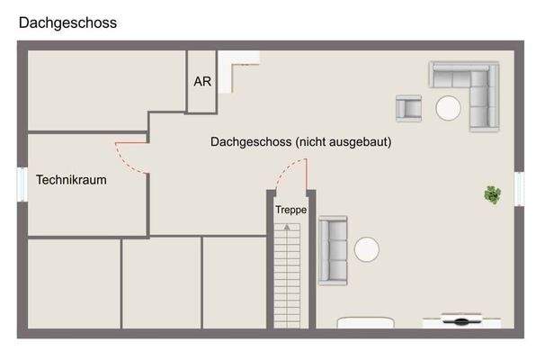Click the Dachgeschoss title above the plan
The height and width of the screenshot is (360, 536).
pyautogui.click(x=67, y=23)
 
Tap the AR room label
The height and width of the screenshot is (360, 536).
pyautogui.click(x=202, y=80)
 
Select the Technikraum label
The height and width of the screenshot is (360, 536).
pyautogui.click(x=71, y=180)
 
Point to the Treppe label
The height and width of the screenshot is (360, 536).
pyautogui.click(x=290, y=209)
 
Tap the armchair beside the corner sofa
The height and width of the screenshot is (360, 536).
pyautogui.click(x=409, y=108)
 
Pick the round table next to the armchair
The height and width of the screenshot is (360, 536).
pyautogui.click(x=448, y=109)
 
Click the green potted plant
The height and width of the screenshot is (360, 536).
pyautogui.click(x=492, y=193)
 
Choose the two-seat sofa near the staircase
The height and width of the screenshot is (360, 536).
pyautogui.click(x=333, y=250)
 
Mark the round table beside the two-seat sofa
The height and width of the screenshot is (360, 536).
pyautogui.click(x=366, y=249)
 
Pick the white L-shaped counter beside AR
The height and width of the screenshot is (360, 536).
pyautogui.click(x=238, y=67)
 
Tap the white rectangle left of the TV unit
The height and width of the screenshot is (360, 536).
pyautogui.click(x=365, y=321)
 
